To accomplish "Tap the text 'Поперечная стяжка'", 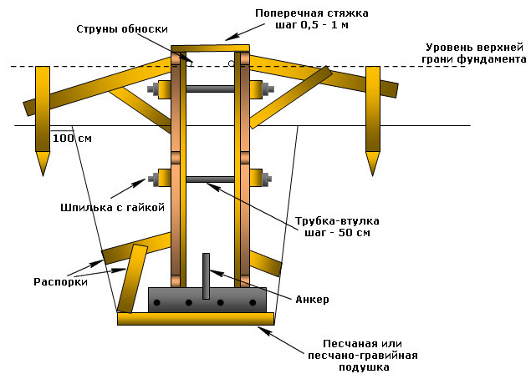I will point(312,14).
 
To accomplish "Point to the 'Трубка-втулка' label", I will point(338,220).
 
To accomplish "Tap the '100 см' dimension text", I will point(72,138).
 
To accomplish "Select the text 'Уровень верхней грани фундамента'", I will point(474,53).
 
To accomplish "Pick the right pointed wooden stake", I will point(373,117).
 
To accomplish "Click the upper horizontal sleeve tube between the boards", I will point(209,88).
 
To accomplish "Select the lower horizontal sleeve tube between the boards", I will point(209,179).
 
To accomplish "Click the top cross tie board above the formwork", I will point(210,48).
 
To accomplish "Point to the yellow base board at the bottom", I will point(196,318).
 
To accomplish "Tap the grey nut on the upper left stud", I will point(152,88).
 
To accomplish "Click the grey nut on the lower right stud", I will point(267,179).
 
